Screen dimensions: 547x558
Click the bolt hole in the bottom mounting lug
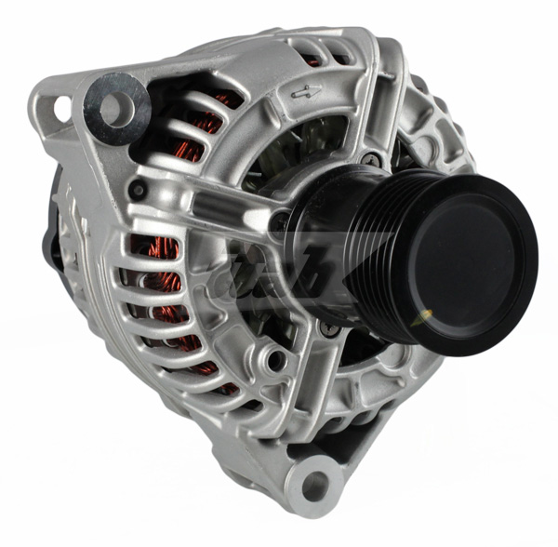315,485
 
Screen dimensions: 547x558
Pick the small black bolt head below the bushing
139,190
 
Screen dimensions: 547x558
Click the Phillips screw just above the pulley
373,159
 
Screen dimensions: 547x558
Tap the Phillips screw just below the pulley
325,329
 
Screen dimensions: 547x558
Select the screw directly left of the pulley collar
279,221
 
